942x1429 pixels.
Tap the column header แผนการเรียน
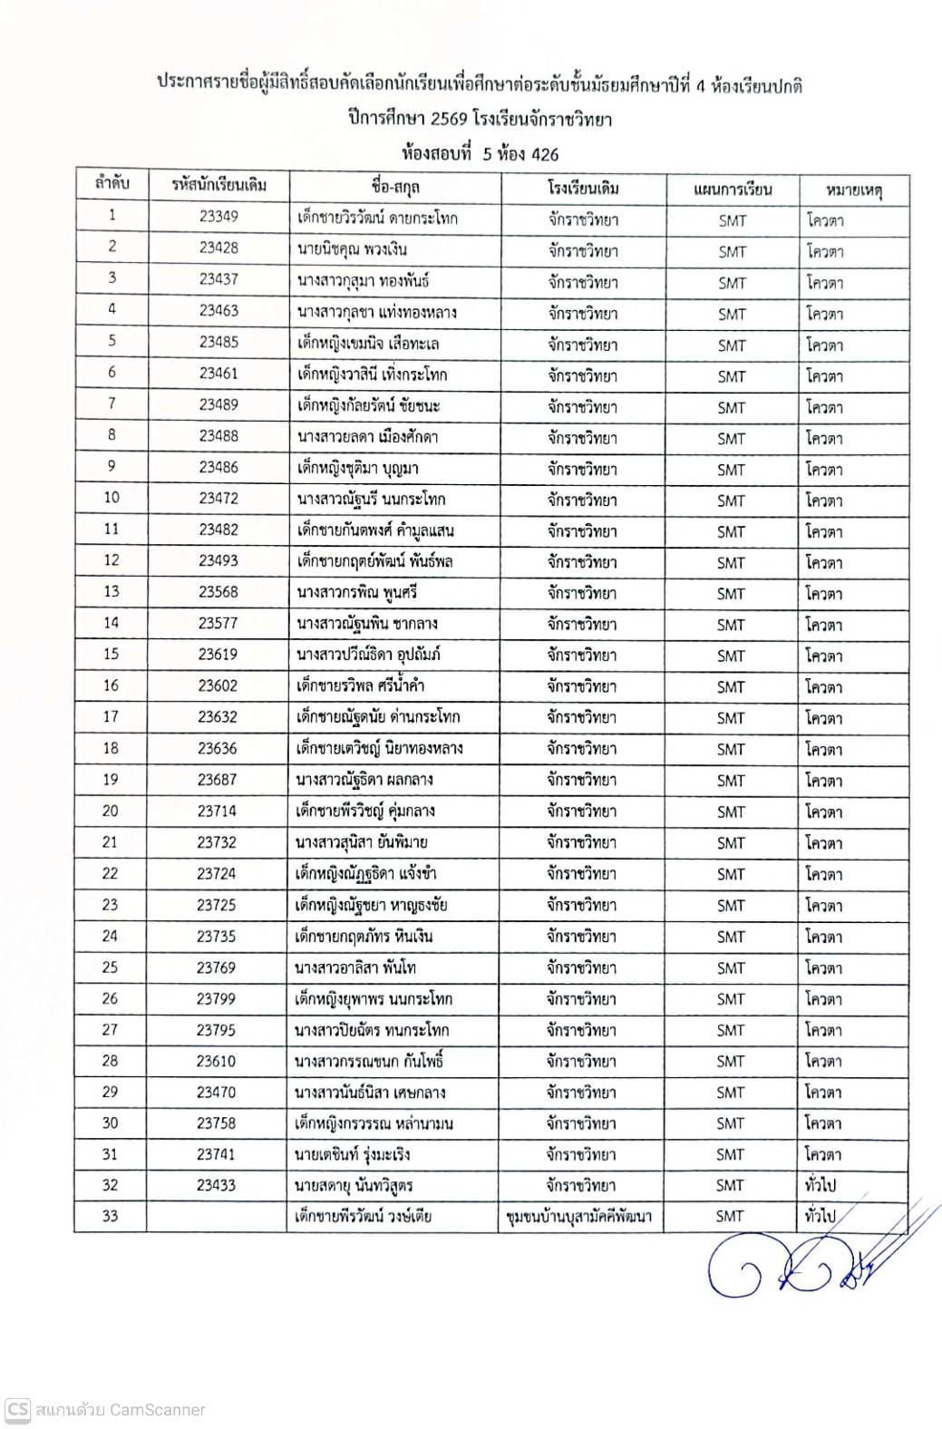tap(731, 190)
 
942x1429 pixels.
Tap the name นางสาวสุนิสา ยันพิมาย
tap(362, 842)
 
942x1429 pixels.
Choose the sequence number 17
tap(111, 716)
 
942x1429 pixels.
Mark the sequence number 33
tap(111, 1216)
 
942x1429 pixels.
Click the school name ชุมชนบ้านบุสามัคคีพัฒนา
tap(580, 1217)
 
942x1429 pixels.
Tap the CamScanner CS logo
tap(17, 1410)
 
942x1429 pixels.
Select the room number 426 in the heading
tap(544, 153)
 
